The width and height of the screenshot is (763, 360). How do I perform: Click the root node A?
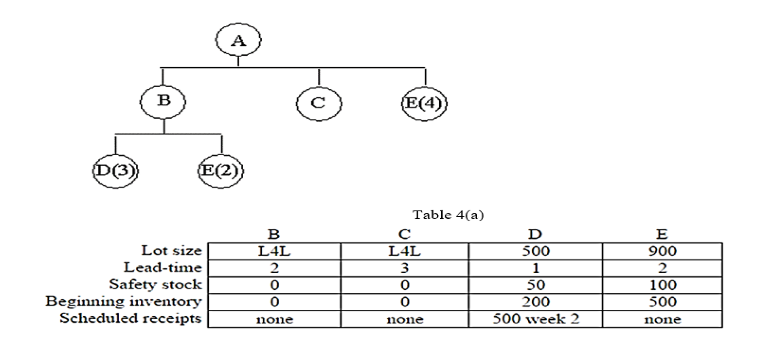[239, 41]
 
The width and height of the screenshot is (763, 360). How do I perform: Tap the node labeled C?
[318, 103]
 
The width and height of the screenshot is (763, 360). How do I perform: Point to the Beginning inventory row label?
[150, 301]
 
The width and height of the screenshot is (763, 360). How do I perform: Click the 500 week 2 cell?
[536, 319]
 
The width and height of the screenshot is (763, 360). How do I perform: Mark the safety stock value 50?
[536, 285]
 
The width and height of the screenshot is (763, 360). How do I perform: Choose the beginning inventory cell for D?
[536, 302]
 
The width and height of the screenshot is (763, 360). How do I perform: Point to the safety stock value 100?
[663, 285]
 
